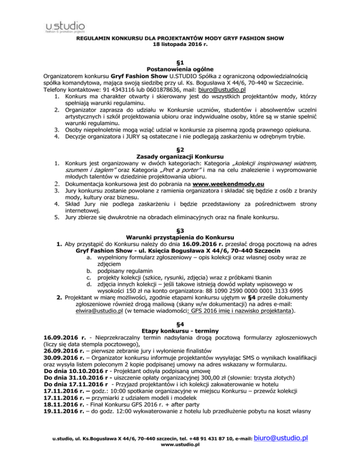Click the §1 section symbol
click(x=180, y=61)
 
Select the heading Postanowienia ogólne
click(x=180, y=68)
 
